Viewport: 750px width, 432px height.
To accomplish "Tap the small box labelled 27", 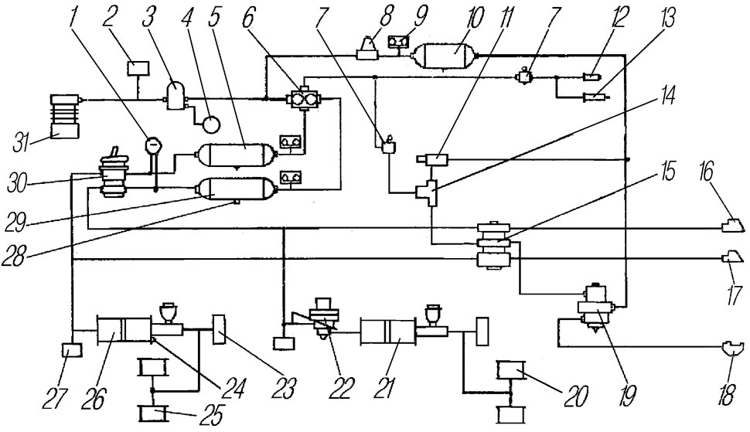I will pyautogui.click(x=71, y=352).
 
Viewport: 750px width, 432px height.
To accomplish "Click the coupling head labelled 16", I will pyautogui.click(x=732, y=226).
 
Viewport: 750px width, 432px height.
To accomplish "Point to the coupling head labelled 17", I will pyautogui.click(x=731, y=257).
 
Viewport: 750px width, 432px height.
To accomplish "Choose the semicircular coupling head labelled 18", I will pyautogui.click(x=730, y=349).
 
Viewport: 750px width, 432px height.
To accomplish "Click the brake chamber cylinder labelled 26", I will pyautogui.click(x=124, y=331).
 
